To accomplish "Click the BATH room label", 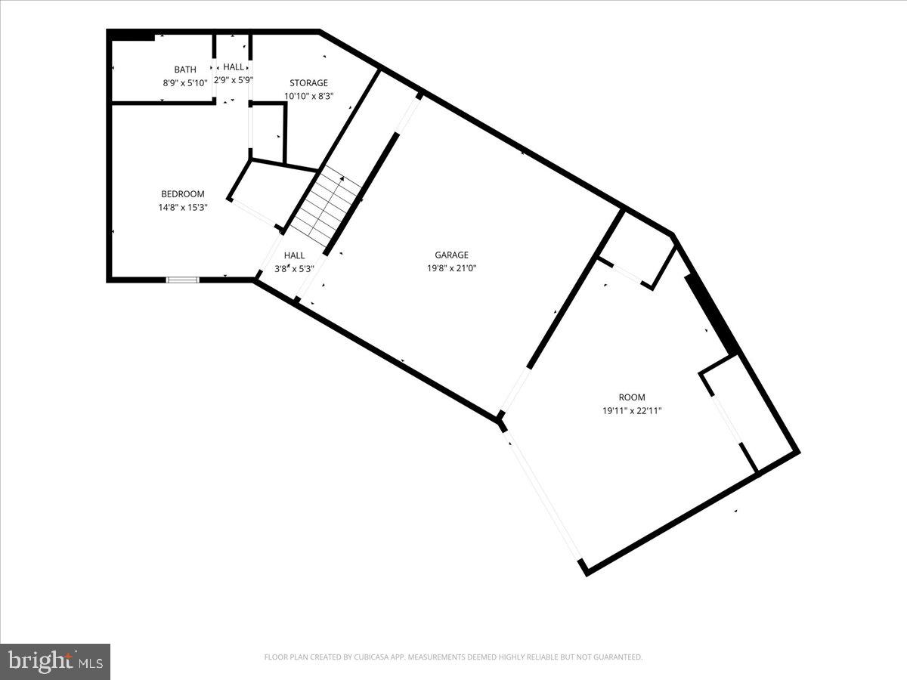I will pos(185,70).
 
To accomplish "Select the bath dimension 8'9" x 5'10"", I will pos(185,82).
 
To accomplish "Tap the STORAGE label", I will pos(308,83).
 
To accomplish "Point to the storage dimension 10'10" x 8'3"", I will pos(308,96).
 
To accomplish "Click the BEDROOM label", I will pos(183,194).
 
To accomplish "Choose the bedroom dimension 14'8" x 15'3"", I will pos(183,207).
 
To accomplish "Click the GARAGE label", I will pos(451,255).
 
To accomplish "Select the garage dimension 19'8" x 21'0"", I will pos(451,268).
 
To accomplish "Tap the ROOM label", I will pos(632,397).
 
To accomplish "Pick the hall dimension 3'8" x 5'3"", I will pos(294,268).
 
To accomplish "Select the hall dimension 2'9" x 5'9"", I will pos(234,79).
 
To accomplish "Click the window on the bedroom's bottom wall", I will pos(183,280).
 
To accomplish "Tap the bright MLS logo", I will pos(55,662).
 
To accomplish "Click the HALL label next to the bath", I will pos(234,67).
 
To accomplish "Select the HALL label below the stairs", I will pos(294,255).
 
